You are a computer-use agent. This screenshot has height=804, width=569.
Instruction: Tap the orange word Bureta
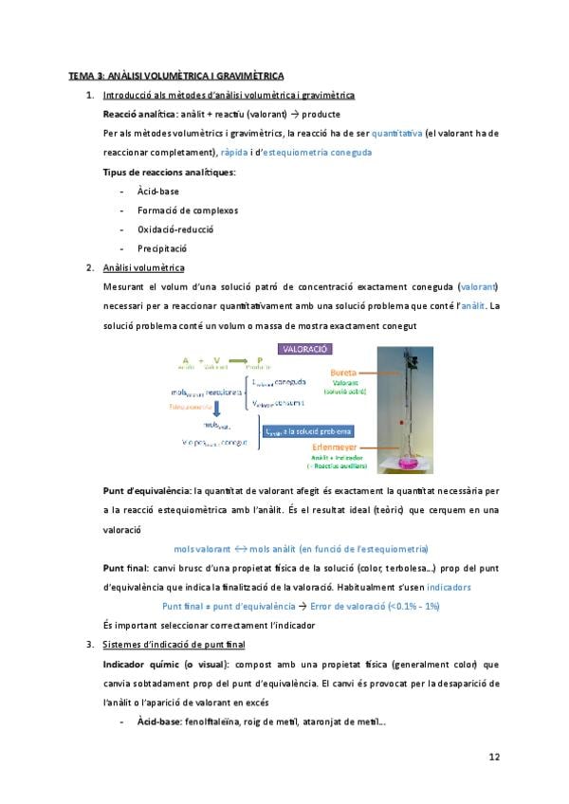pos(344,373)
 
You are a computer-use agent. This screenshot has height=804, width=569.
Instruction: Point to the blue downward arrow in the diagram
pos(217,410)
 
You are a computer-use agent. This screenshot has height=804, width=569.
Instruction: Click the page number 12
pos(494,757)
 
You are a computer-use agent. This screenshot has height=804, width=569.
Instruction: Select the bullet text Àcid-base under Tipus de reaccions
pos(157,191)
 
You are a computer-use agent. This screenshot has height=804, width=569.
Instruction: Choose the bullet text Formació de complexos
pos(188,210)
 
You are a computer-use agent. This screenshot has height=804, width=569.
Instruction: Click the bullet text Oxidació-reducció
pos(175,228)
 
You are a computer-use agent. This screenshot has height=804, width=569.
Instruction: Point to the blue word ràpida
pos(234,152)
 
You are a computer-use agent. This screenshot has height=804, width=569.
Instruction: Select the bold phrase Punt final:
pos(128,568)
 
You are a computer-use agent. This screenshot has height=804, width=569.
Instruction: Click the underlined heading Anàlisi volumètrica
pos(143,267)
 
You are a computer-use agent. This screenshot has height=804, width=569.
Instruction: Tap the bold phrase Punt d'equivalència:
pos(146,492)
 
